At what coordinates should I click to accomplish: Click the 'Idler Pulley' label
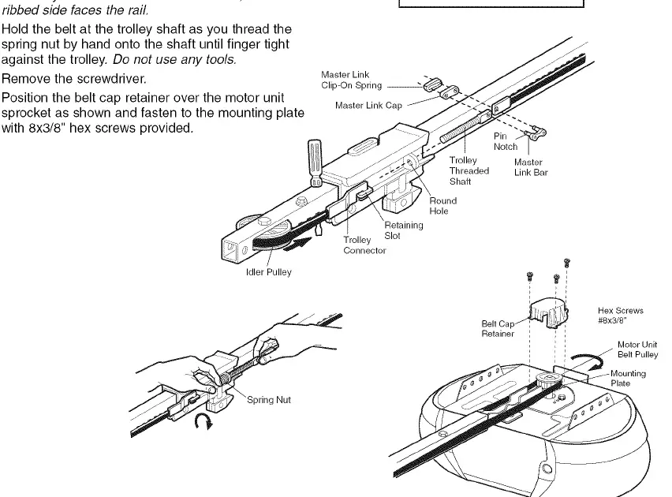(x=268, y=272)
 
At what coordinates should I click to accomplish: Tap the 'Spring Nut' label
(x=269, y=400)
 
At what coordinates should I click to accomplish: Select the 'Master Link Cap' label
(x=368, y=106)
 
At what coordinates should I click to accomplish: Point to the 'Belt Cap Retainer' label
(x=498, y=328)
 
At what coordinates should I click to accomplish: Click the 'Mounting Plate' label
(x=628, y=378)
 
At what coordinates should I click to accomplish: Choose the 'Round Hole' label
(x=442, y=206)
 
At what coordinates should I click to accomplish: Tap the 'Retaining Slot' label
(x=403, y=230)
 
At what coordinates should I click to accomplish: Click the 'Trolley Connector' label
(x=364, y=245)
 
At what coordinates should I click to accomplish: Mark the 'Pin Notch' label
(x=506, y=141)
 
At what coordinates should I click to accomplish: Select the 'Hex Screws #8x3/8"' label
(x=620, y=316)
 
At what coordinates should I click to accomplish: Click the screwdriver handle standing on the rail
(x=315, y=162)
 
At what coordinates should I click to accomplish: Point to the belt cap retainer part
(x=549, y=313)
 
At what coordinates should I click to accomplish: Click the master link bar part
(x=536, y=133)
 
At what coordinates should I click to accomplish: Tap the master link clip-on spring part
(x=432, y=84)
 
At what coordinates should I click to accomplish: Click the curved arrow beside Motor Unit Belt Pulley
(x=588, y=360)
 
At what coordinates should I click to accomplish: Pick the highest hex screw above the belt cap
(x=566, y=262)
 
